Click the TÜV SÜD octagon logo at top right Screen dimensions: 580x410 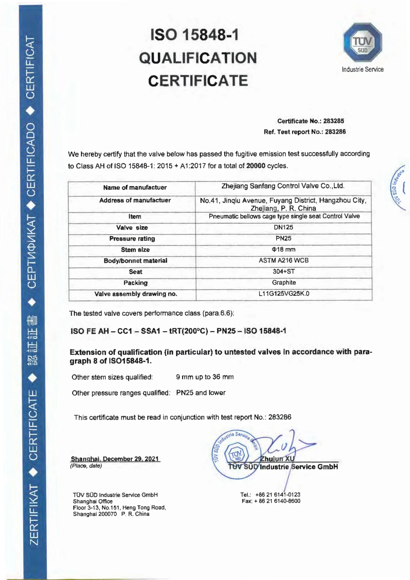pos(362,42)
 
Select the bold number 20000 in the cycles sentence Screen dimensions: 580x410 pos(255,166)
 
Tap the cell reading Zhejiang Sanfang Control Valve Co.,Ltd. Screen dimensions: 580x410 pos(283,186)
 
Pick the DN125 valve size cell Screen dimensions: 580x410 pos(283,227)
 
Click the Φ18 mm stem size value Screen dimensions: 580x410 pos(283,249)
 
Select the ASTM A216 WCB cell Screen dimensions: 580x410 pos(283,260)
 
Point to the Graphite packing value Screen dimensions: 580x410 pos(284,282)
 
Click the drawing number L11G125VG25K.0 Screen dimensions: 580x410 pos(284,294)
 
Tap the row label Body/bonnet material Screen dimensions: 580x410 pos(135,261)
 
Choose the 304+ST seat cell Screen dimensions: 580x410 pos(283,271)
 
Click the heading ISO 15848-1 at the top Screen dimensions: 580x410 pos(195,35)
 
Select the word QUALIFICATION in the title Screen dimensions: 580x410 pos(198,58)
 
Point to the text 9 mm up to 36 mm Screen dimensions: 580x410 pos(205,377)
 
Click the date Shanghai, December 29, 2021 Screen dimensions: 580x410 pos(115,459)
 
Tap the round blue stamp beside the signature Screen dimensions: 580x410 pos(236,454)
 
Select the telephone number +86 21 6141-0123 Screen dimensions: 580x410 pos(277,494)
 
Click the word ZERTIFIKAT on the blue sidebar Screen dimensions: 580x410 pos(34,515)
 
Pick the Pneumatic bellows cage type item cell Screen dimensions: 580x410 pos(284,216)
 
